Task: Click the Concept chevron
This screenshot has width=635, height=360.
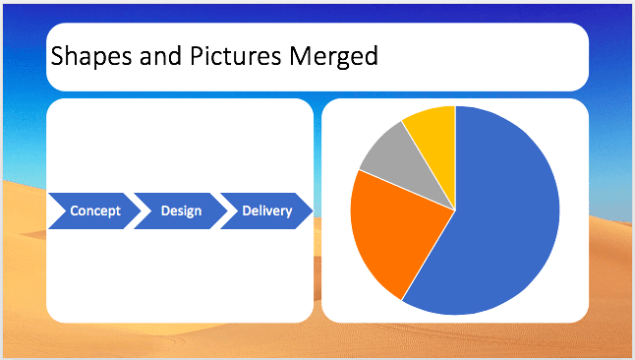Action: click(94, 210)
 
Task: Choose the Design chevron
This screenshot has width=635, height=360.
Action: click(181, 210)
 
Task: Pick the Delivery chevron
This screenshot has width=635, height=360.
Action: click(266, 210)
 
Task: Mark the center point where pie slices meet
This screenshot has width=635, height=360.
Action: click(455, 210)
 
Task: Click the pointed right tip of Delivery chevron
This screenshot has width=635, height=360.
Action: click(312, 210)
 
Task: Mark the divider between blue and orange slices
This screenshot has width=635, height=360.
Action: click(429, 255)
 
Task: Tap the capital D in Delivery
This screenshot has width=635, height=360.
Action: click(247, 210)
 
